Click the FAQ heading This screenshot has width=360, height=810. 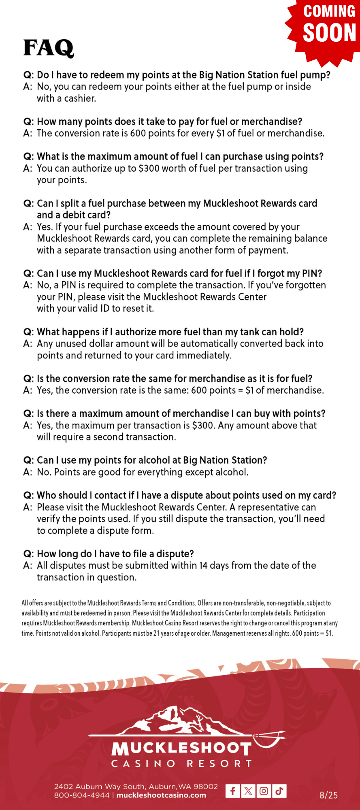49,48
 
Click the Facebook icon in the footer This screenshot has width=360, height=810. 232,791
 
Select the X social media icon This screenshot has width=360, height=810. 248,791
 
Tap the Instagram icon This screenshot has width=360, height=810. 264,791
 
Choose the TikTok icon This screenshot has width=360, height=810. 279,791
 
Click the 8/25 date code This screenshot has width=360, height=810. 328,795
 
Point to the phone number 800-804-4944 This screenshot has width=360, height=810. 82,795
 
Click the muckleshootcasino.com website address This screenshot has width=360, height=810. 161,795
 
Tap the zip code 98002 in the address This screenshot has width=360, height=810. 206,787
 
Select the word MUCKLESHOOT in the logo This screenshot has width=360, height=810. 181,748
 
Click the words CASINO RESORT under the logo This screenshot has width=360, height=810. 181,764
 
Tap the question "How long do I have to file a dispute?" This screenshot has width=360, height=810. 115,554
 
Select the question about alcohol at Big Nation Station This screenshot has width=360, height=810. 152,460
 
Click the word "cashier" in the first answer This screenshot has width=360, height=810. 79,98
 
